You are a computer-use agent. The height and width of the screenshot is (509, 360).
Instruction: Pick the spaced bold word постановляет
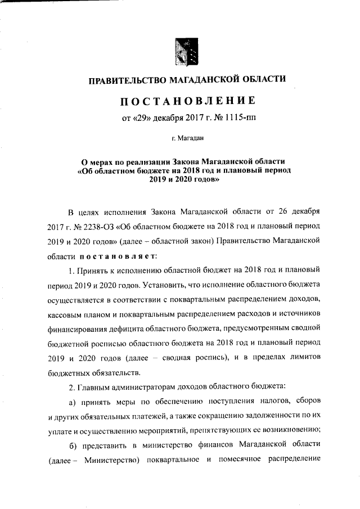(x=112, y=255)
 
